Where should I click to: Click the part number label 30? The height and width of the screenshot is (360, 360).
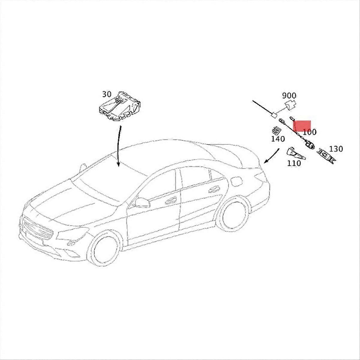(106, 94)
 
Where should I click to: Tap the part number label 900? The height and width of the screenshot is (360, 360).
(289, 96)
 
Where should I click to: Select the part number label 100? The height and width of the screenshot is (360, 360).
(309, 132)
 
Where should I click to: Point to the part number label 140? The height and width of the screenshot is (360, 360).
(277, 139)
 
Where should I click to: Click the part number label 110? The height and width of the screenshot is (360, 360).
(294, 163)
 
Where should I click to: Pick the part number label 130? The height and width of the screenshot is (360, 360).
(336, 149)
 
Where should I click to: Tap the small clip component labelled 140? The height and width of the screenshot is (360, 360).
(275, 130)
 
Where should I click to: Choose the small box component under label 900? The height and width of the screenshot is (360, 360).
(290, 105)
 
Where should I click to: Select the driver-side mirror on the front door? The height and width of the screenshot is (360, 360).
(141, 202)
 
